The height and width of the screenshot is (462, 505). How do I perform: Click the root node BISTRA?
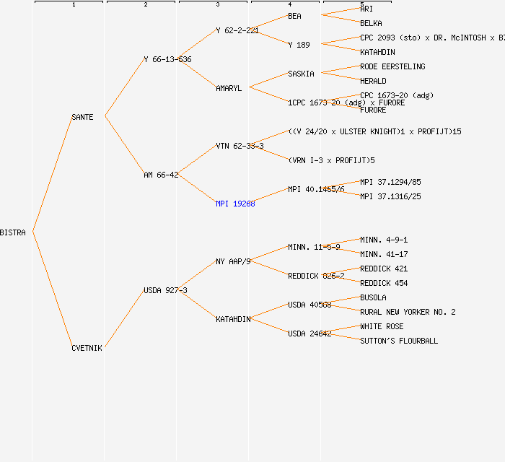point(13,232)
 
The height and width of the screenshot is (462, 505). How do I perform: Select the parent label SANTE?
point(82,117)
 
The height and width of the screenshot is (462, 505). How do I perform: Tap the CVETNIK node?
point(87,348)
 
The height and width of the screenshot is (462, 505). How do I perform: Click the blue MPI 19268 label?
point(235,204)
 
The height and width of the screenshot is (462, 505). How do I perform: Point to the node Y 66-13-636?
point(167,59)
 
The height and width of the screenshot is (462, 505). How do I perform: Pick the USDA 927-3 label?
point(165,290)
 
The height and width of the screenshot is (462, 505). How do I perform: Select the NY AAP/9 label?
point(232,261)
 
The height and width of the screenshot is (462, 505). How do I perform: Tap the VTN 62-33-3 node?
point(240,146)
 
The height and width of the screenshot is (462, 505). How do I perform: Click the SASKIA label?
point(301,74)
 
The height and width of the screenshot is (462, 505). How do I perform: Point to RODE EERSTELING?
point(392,66)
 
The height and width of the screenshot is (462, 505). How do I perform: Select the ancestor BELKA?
point(371,23)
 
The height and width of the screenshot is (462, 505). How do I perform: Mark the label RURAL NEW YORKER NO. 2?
point(408,312)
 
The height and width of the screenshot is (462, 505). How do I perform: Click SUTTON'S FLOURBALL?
point(399,341)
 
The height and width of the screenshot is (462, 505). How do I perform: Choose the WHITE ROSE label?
point(382,326)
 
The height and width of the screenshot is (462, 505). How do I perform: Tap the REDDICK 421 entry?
point(384,269)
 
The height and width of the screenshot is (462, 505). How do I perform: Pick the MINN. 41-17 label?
point(384,254)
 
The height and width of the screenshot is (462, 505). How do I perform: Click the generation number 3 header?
point(217,5)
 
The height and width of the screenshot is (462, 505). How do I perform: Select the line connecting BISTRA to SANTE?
point(52,174)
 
